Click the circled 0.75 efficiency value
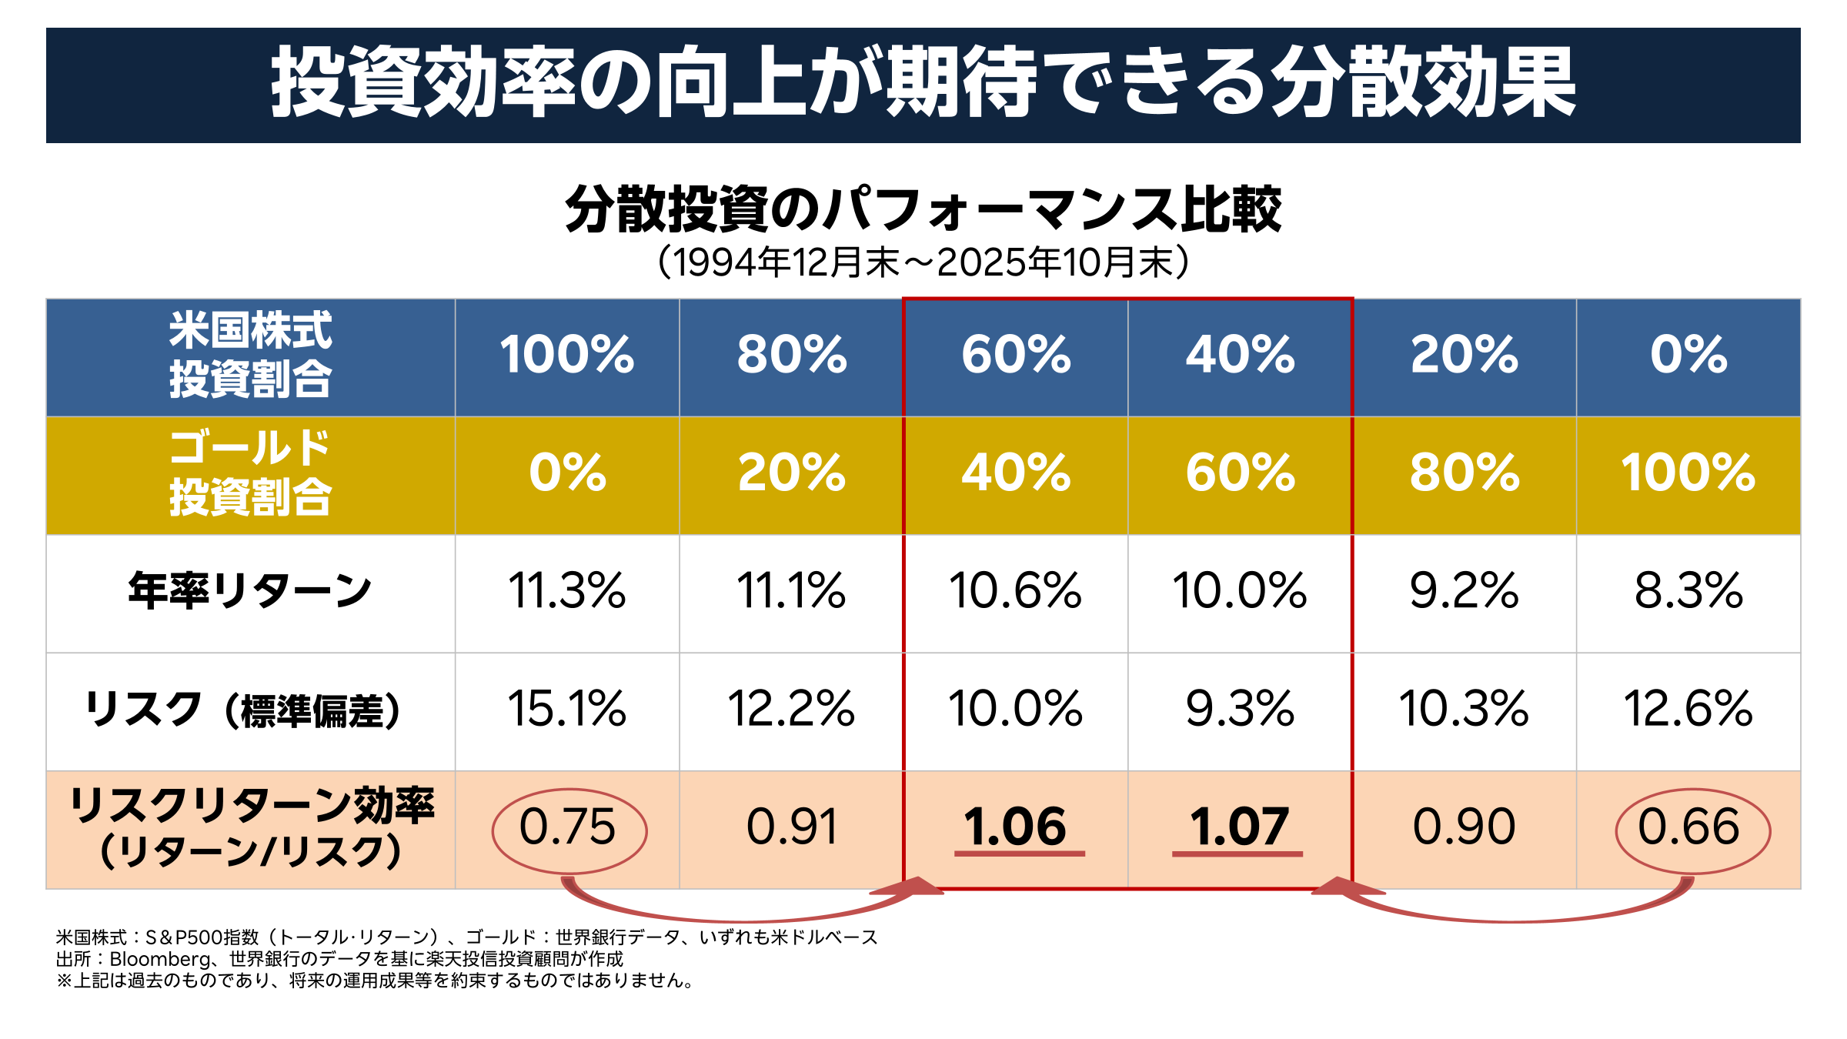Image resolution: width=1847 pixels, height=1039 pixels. pyautogui.click(x=568, y=827)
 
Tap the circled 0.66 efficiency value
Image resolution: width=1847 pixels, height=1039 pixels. pyautogui.click(x=1688, y=827)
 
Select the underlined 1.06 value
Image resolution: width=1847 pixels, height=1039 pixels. pyautogui.click(x=1016, y=827)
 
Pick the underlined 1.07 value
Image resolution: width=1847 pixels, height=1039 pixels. pyautogui.click(x=1239, y=827)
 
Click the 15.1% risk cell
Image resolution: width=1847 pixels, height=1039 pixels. pyautogui.click(x=567, y=709)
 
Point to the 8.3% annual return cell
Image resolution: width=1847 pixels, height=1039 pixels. pyautogui.click(x=1688, y=591)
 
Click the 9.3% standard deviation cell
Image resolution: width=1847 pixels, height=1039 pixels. pyautogui.click(x=1240, y=709)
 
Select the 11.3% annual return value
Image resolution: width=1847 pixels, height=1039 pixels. pyautogui.click(x=567, y=591)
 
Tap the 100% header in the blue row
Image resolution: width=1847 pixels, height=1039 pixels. pyautogui.click(x=567, y=355)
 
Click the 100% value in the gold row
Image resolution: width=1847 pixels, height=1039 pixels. pyautogui.click(x=1688, y=473)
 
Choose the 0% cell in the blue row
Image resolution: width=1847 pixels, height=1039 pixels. pyautogui.click(x=1688, y=355)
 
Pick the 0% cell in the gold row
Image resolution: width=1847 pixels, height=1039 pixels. pyautogui.click(x=567, y=473)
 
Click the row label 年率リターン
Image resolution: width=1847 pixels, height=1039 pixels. pyautogui.click(x=250, y=591)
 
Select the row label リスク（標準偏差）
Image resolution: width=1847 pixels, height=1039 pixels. pyautogui.click(x=243, y=710)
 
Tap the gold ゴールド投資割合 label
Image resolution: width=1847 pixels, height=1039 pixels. pyautogui.click(x=250, y=473)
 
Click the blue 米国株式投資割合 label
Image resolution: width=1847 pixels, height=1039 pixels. pyautogui.click(x=250, y=355)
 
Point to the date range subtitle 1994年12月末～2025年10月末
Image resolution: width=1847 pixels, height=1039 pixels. pyautogui.click(x=923, y=262)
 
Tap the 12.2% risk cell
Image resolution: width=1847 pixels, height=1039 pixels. pyautogui.click(x=791, y=709)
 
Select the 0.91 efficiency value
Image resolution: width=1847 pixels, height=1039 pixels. pyautogui.click(x=791, y=827)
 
